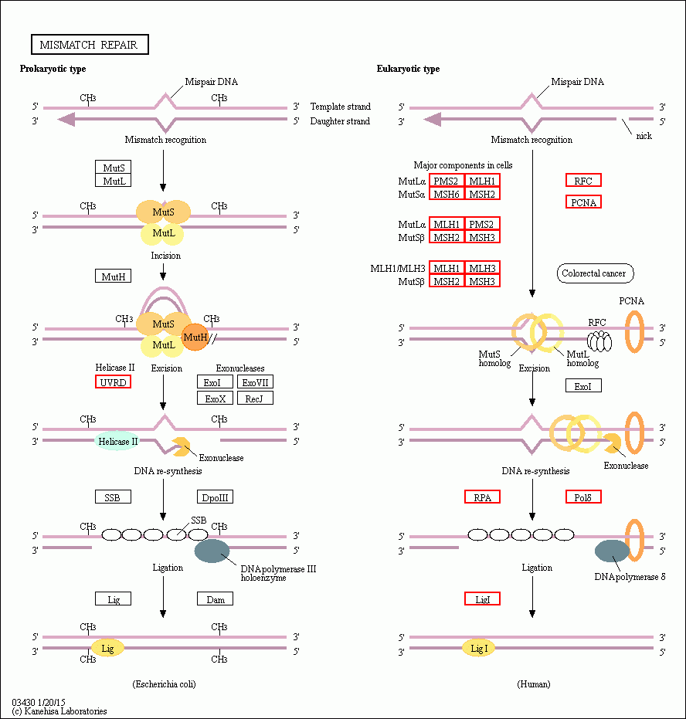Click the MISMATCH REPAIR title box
tap(89, 45)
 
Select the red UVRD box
tap(113, 382)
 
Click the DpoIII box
tap(216, 497)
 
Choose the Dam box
tap(216, 599)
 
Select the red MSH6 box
tap(447, 194)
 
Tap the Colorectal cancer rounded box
tap(593, 273)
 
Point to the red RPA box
tap(482, 497)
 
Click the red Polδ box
tap(582, 497)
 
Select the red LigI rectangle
tap(482, 599)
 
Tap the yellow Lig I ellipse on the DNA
tap(479, 649)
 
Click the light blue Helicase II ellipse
tap(117, 441)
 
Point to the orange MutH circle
tap(195, 337)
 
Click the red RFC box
tap(582, 180)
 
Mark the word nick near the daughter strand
tap(644, 136)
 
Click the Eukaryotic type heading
tap(408, 69)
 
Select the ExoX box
tap(216, 398)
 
